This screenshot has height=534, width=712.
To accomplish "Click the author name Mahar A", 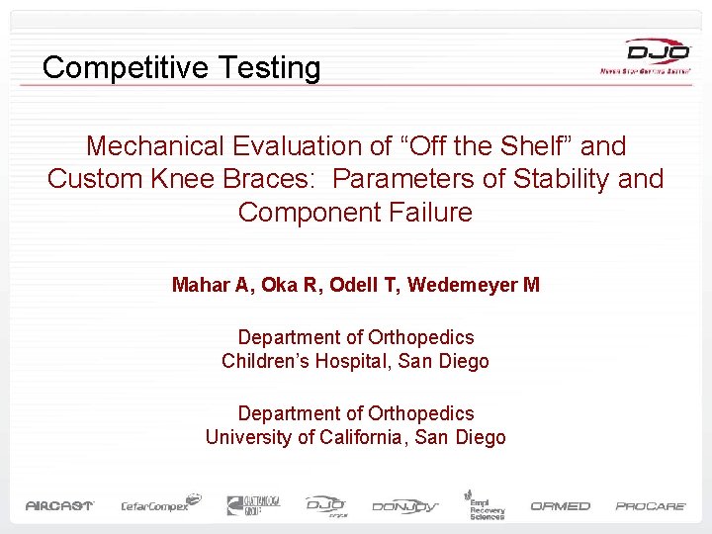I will (210, 286).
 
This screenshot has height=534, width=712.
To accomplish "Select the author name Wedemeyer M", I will (474, 286).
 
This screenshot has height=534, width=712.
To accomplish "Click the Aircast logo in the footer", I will (58, 505).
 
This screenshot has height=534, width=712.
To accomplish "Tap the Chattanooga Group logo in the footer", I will (253, 504).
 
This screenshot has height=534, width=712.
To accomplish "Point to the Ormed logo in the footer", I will (560, 505).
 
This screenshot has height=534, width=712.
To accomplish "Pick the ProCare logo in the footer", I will (651, 505).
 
